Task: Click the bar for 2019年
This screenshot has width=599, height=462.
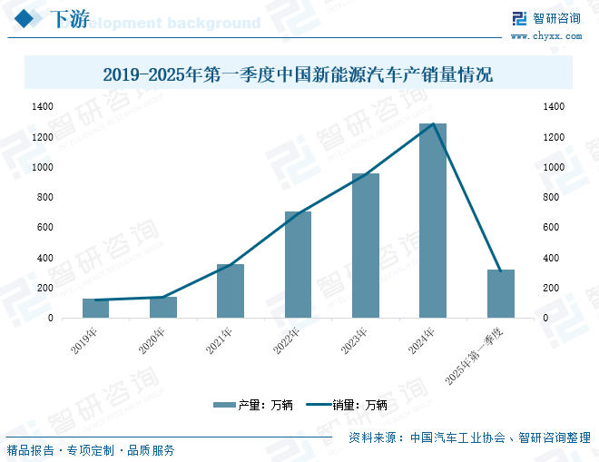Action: [95, 309]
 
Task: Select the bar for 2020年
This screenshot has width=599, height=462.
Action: [163, 308]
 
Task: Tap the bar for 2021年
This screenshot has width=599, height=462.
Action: [231, 291]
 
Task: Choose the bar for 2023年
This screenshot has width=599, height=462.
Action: [366, 246]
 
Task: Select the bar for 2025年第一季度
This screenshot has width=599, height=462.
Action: [500, 294]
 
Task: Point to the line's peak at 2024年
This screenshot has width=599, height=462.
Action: [434, 124]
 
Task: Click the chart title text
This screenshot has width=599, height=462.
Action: [298, 74]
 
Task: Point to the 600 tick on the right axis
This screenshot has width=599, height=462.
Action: [553, 228]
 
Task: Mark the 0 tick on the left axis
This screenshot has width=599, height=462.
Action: [52, 319]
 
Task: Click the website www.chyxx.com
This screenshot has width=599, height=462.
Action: [545, 36]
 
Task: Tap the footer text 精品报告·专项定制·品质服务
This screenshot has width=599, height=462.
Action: [91, 450]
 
